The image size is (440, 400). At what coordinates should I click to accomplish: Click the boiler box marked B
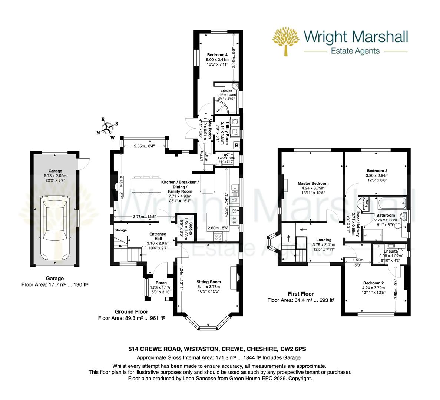tap(236, 146)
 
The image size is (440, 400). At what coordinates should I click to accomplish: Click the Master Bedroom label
tap(313, 183)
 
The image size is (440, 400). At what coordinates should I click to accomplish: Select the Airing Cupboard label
tap(364, 203)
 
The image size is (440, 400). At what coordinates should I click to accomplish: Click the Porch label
tap(161, 283)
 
